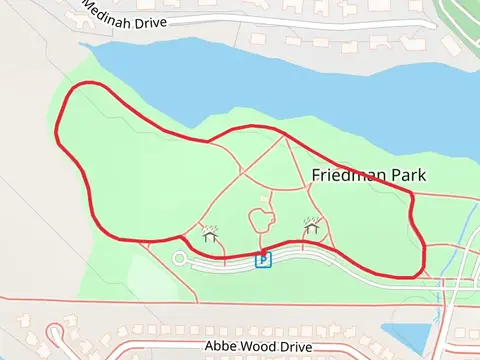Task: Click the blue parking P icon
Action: (263, 260)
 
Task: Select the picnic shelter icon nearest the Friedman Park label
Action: (312, 228)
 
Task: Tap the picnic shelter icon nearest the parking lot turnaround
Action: (210, 234)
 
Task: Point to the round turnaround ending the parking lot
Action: (179, 258)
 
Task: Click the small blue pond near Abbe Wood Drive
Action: (410, 335)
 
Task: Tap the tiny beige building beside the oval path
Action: (264, 199)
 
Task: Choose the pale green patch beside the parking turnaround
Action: (150, 275)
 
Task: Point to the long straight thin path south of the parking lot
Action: (200, 299)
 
